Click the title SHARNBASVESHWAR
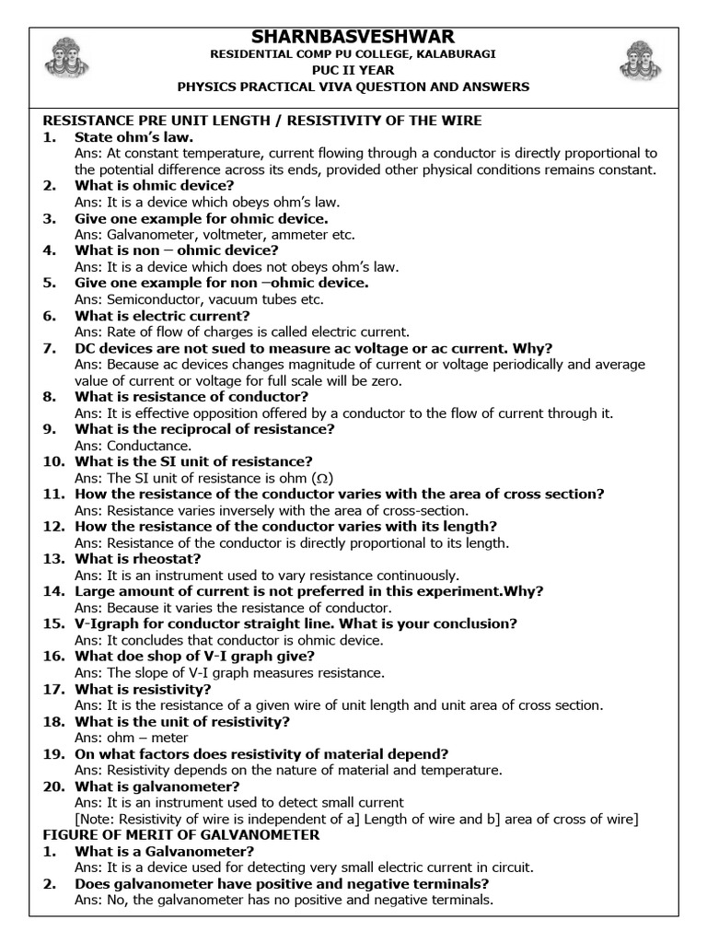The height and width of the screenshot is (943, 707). point(353,36)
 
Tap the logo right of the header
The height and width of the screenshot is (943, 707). point(643,60)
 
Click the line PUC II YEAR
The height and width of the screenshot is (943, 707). point(353,70)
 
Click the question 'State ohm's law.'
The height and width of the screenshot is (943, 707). point(133,137)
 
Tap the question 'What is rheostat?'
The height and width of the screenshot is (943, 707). point(137,558)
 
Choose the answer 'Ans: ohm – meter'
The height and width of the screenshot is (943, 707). point(132,737)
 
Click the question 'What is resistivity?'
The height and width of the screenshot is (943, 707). point(143,688)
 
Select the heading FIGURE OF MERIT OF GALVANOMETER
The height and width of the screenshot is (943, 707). point(181,834)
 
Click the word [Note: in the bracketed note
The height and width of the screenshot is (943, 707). point(97,819)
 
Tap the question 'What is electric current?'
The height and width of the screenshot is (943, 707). point(162,315)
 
